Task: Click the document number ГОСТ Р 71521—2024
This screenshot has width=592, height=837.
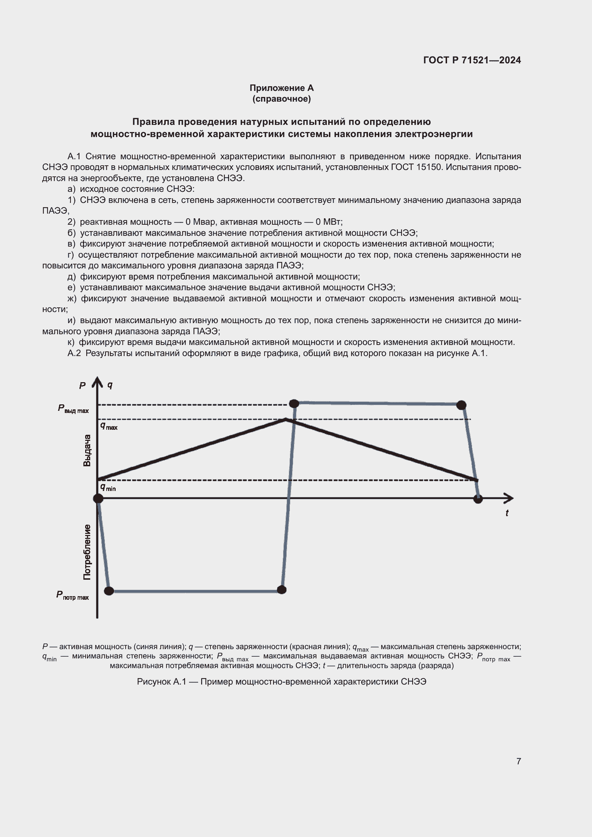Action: coord(472,60)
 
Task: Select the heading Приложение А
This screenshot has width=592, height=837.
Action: coord(281,88)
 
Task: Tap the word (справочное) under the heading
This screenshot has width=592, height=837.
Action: coord(281,99)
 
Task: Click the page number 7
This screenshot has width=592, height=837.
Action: coord(518,761)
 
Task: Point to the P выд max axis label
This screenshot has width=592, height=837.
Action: coord(73,409)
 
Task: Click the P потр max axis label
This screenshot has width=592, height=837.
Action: coord(72,595)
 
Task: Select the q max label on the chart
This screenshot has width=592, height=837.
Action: coord(109,426)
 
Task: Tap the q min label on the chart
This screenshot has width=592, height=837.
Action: coord(108,487)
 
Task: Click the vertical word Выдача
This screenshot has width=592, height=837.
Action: coord(87,450)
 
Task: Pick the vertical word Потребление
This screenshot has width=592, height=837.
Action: coord(87,552)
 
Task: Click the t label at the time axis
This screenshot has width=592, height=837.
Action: coord(507,513)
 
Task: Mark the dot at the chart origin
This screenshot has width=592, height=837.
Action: coord(98,498)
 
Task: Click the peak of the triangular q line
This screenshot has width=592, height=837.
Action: coord(285,420)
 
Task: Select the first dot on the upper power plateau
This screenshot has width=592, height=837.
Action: coord(294,403)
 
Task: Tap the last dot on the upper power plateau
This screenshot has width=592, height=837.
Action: coord(461,405)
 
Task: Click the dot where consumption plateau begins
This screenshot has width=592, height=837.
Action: coord(109,591)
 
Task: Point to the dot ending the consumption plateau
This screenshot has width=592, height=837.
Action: coord(281,589)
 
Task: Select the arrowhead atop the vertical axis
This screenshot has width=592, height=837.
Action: coord(97,381)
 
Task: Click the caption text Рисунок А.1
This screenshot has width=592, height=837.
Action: coord(161,682)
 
